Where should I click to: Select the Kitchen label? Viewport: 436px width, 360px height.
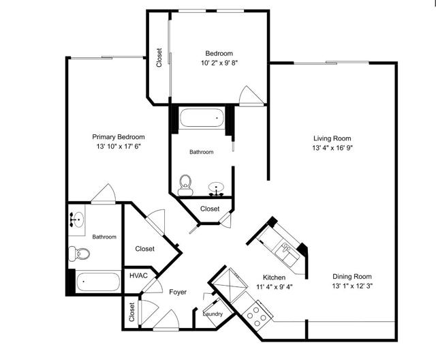(x=275, y=277)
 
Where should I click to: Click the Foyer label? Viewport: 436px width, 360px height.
(x=178, y=292)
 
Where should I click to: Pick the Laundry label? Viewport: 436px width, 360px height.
(x=213, y=314)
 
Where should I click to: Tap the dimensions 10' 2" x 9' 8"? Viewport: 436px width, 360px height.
(x=219, y=63)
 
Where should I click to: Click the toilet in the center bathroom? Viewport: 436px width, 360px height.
(x=185, y=183)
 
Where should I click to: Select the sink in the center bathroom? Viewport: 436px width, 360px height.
(x=217, y=187)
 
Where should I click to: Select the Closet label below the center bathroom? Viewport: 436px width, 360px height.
(x=210, y=209)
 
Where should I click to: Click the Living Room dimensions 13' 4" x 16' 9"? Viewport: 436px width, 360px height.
(x=332, y=148)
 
